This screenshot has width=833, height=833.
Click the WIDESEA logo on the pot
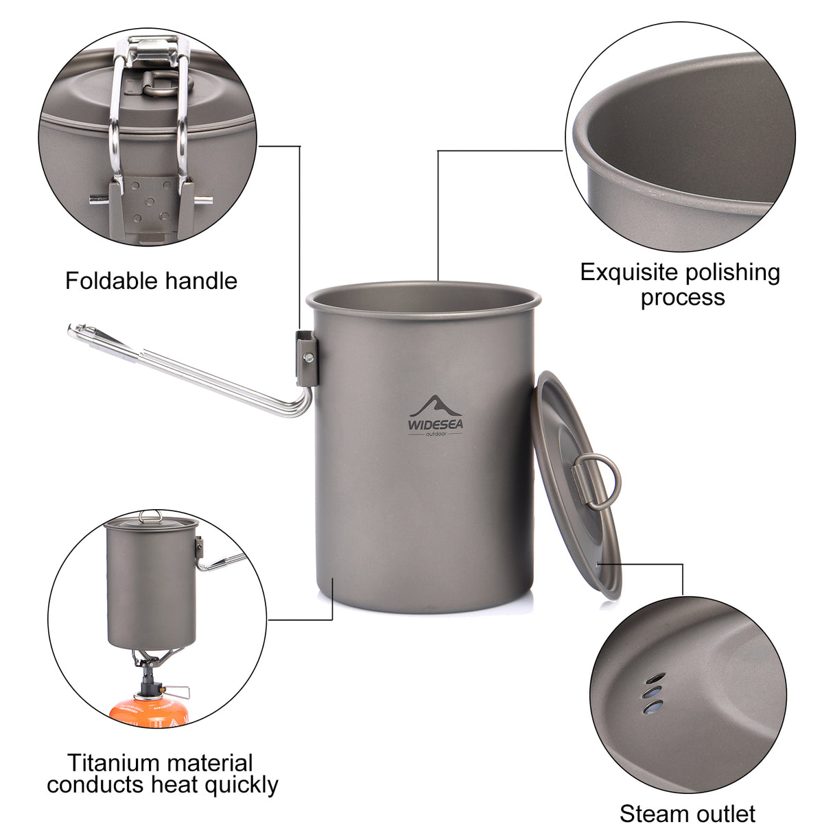436,416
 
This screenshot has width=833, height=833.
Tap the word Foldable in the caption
112,281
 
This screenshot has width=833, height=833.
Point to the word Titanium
113,762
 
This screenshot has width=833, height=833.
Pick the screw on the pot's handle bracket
309,356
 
